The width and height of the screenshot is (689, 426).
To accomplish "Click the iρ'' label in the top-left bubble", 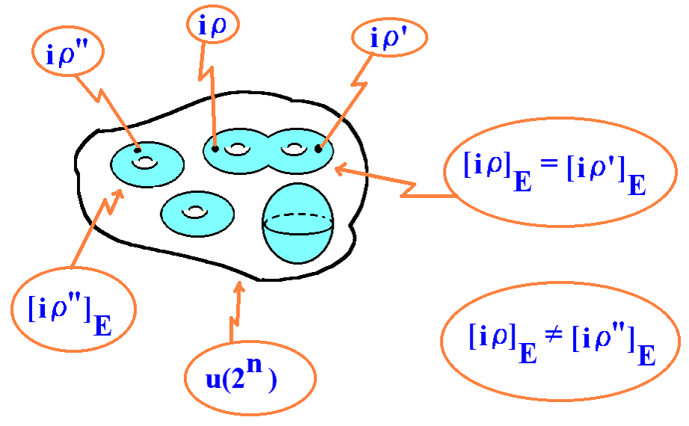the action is (67, 54).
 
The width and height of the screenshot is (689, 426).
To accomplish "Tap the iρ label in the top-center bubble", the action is (212, 26).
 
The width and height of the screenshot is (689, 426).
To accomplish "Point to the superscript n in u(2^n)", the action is (254, 365).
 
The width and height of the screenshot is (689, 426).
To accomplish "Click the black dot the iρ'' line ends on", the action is (138, 150).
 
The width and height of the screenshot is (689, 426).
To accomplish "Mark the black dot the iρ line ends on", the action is (215, 149).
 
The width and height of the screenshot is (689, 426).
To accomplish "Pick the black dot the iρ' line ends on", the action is (318, 149).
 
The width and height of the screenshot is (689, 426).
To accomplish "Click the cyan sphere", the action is (298, 223).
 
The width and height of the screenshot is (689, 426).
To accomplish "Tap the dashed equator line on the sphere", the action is (298, 216).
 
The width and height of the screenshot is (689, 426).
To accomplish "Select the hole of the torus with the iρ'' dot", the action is (144, 163).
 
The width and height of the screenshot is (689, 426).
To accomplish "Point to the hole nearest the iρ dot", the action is (237, 149).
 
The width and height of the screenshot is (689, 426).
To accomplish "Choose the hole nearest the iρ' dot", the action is (294, 149).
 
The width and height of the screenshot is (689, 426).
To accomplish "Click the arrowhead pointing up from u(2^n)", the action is (239, 287).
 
